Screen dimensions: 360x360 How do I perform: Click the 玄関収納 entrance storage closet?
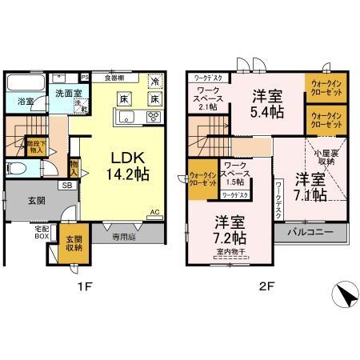point(74,242)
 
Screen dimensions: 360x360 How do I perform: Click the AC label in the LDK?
point(154,213)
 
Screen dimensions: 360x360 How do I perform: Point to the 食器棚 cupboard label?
point(113,78)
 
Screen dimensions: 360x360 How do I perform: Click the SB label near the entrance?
point(66,185)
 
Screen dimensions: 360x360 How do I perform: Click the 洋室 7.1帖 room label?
point(308,185)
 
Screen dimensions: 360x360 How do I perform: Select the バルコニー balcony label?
point(312,232)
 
